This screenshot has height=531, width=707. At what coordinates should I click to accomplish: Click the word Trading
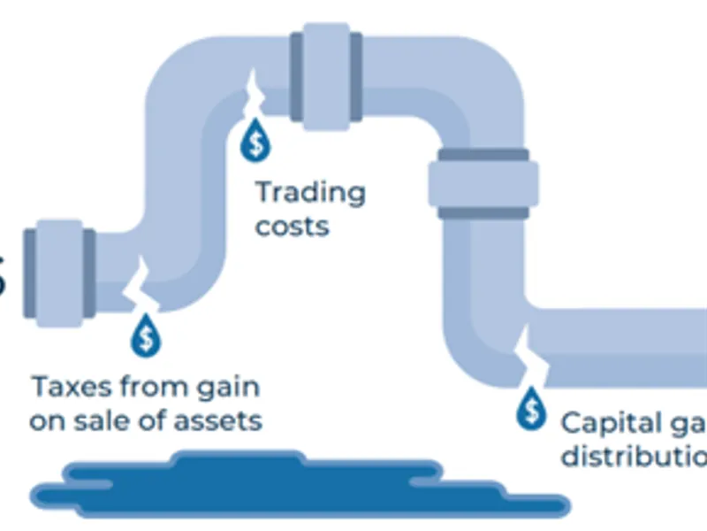309,194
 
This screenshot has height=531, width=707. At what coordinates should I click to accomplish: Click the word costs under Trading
292,226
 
